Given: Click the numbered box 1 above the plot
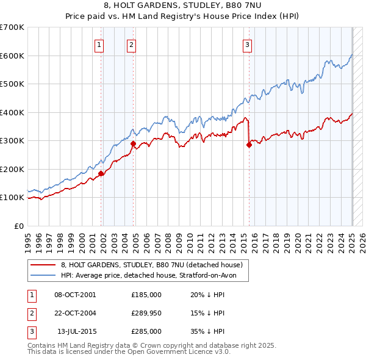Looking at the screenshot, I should (99, 43).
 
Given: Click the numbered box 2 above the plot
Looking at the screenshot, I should (132, 43).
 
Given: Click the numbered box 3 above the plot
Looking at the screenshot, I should (247, 43).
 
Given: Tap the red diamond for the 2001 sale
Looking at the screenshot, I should (101, 173).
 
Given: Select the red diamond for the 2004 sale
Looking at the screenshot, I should (134, 144).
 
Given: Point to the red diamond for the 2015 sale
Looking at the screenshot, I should (249, 145).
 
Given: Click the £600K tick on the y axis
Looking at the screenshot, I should (12, 56).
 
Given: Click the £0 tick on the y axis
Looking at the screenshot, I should (19, 226).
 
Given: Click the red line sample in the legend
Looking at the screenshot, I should (44, 265).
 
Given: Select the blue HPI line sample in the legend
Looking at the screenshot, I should (44, 275).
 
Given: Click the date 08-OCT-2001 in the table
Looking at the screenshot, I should (75, 295).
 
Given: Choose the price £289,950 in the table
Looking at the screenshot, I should (146, 313).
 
